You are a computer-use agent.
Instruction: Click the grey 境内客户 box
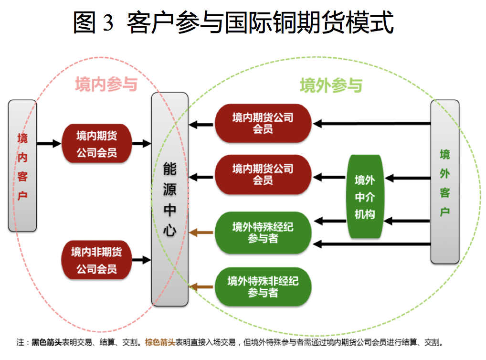22,166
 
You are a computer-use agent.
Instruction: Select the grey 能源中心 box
169,199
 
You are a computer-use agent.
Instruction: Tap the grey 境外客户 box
444,181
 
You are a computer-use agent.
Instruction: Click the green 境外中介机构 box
365,196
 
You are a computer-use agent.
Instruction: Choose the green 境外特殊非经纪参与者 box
263,286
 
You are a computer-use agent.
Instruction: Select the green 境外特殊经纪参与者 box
263,233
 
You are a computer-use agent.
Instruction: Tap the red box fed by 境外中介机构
263,174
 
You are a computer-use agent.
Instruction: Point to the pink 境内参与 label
106,85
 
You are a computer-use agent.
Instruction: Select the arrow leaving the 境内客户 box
49,143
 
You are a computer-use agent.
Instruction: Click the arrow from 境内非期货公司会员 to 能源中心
141,260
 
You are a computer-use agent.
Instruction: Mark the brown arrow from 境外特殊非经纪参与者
201,286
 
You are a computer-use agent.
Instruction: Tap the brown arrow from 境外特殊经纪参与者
201,233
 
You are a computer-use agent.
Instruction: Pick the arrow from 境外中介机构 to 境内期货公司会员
329,178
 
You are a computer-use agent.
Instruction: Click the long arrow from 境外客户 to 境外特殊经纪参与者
372,244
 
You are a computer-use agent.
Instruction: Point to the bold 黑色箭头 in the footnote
46,342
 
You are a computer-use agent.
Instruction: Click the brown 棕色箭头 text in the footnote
160,342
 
